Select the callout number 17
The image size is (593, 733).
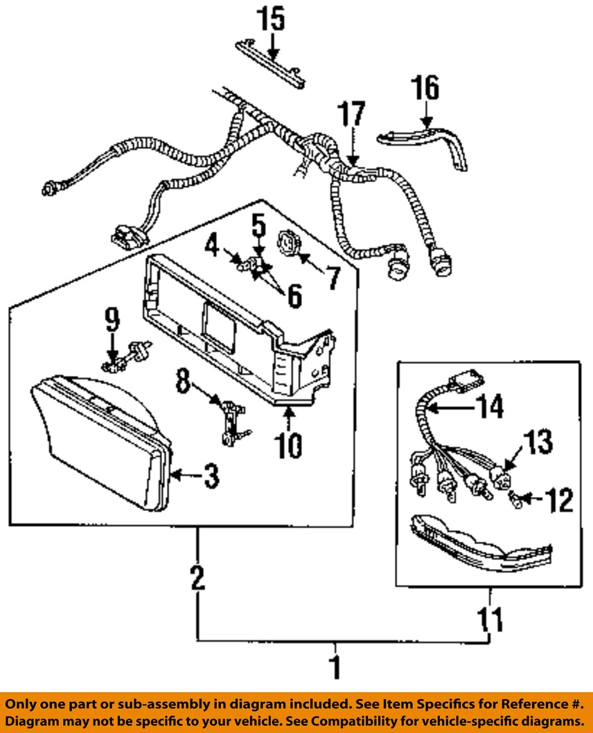click(x=352, y=114)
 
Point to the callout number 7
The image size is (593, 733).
click(x=333, y=278)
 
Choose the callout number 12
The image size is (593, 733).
click(x=559, y=500)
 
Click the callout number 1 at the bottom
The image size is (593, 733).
click(x=336, y=666)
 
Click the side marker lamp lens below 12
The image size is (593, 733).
click(x=480, y=545)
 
